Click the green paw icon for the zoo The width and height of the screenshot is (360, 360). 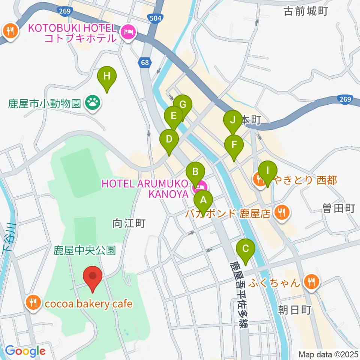coord(92,102)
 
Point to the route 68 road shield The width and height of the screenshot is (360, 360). coord(145,63)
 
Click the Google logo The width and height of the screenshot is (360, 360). coord(25,351)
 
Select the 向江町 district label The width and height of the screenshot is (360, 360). coord(129,224)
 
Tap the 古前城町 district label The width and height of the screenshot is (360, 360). coord(306,12)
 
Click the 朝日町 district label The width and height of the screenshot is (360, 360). coord(295,310)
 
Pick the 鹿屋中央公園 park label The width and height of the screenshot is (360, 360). coord(85,250)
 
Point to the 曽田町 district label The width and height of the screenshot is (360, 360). coord(338,209)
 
